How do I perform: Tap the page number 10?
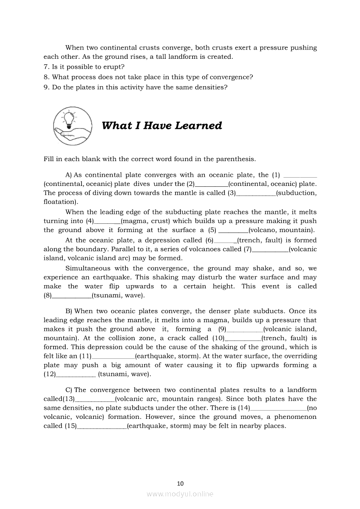(180, 483)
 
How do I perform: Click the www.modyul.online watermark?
(180, 494)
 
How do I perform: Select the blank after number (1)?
(300, 175)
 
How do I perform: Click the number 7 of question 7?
(45, 67)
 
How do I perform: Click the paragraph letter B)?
(69, 311)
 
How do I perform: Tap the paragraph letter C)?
(69, 390)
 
